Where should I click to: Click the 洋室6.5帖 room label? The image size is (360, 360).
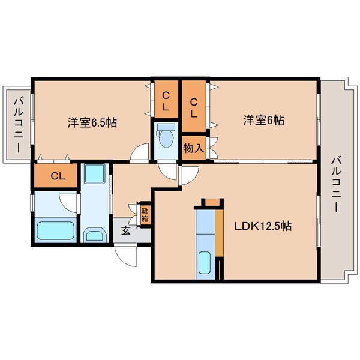coord(92,122)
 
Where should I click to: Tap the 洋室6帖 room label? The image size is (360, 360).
coord(264,120)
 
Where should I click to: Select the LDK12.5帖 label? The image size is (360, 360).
coord(263,226)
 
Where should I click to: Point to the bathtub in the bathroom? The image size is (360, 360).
coord(55,230)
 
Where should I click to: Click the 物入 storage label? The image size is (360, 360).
coord(194,149)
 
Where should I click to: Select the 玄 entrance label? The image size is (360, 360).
coord(126,230)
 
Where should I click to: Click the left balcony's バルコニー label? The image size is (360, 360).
coord(18,125)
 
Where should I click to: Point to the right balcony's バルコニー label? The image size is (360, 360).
coord(335,184)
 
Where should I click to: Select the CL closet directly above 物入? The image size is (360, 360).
coord(194,106)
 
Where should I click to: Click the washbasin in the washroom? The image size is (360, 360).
coord(95,234)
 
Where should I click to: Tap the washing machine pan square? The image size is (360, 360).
coord(95,174)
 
